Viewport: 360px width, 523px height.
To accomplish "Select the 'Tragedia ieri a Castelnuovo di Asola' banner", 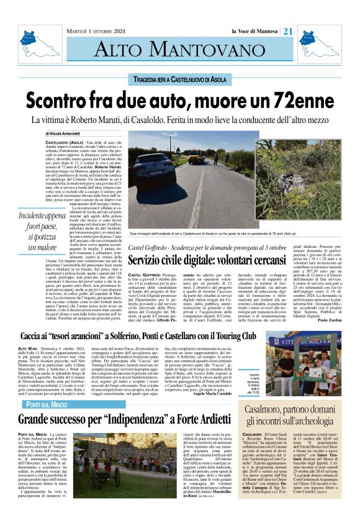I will click(179, 80).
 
